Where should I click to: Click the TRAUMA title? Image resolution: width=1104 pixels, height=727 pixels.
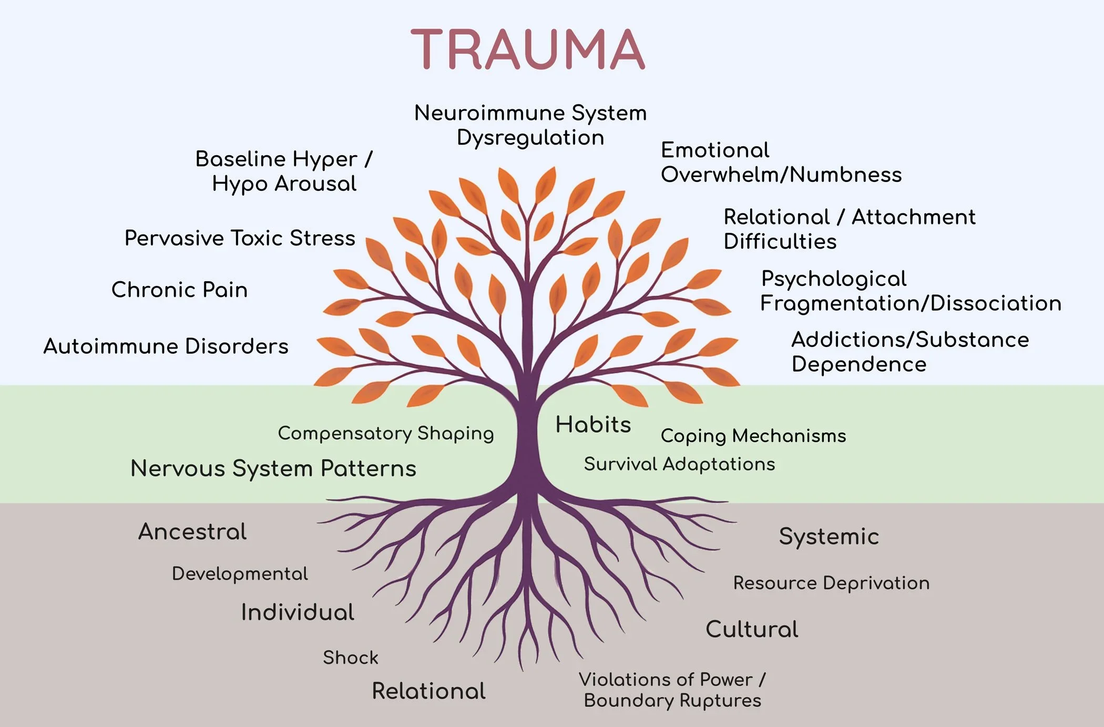point(527,49)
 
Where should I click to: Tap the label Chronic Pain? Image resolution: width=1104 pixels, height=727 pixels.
point(179,290)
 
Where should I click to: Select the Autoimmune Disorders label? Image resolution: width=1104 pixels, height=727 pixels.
point(166,346)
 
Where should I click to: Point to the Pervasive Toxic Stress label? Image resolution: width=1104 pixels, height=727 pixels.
point(240,238)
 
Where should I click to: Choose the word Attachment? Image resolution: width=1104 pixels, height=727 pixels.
point(913,217)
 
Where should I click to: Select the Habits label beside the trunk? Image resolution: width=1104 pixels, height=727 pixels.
point(593,424)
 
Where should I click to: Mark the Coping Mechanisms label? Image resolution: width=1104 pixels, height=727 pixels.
point(753,436)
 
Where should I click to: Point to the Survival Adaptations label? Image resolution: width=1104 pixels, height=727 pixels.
point(679,464)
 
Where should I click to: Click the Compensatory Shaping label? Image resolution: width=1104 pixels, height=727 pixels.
point(386,433)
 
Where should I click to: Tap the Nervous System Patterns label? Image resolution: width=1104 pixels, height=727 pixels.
point(273,468)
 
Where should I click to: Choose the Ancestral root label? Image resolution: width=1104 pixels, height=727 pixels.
point(192,531)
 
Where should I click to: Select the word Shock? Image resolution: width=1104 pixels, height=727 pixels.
point(350,657)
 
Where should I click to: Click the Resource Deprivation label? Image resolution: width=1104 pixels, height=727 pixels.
point(831,582)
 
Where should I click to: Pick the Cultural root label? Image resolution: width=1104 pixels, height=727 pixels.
point(752,629)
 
